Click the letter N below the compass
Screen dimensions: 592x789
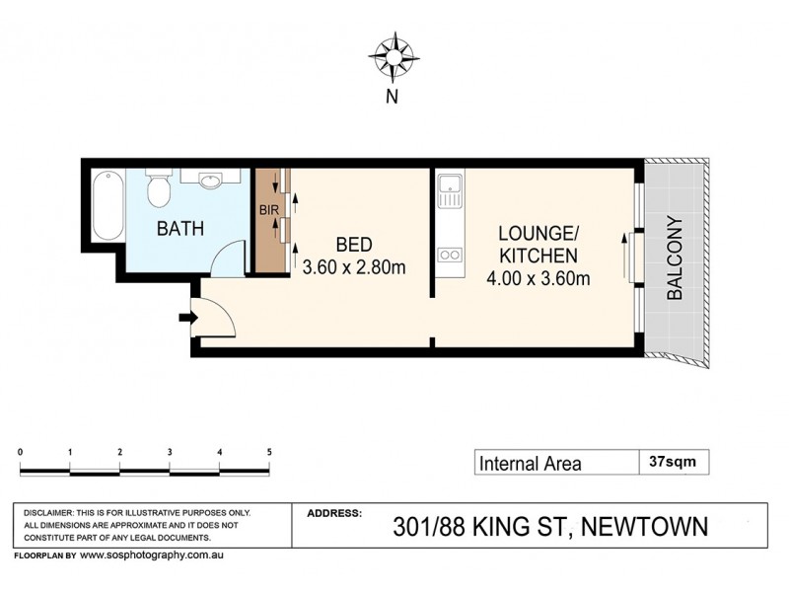coord(392,97)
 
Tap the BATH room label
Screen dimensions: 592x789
coord(180,229)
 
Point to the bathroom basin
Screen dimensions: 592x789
coord(211,181)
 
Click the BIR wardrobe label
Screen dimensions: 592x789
coord(267,210)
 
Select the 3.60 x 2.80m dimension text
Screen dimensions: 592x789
coord(355,267)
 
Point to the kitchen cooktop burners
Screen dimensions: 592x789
coord(450,255)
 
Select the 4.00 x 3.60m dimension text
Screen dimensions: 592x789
coord(538,278)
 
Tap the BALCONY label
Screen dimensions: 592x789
coord(676,259)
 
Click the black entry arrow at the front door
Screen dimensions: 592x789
coord(187,318)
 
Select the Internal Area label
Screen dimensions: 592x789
coord(530,463)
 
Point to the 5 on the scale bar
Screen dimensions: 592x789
coord(269,452)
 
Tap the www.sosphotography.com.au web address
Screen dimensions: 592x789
coord(154,555)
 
